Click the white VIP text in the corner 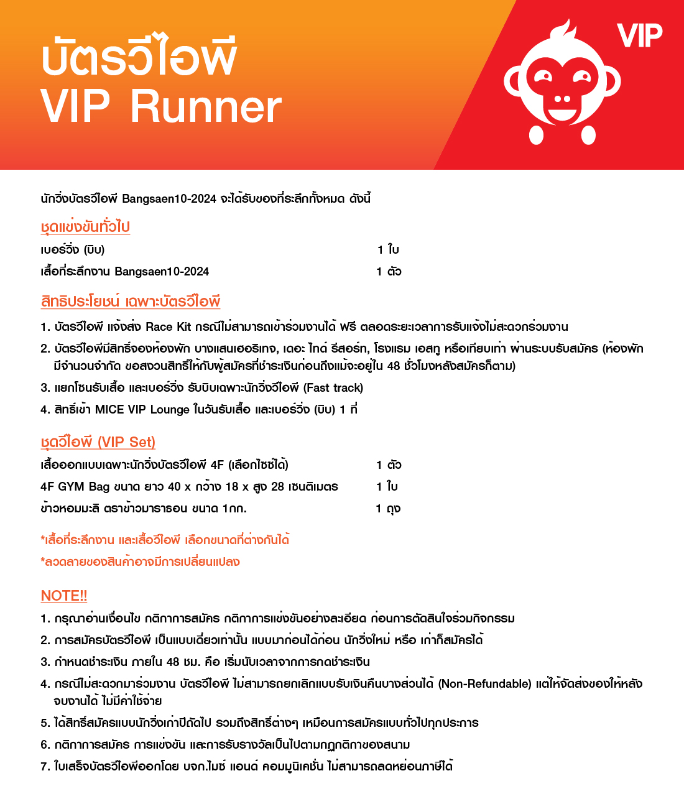[640, 35]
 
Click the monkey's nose [562, 99]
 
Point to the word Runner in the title [206, 107]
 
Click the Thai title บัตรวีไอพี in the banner [139, 57]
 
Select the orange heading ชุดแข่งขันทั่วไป [85, 227]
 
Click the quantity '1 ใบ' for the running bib [388, 250]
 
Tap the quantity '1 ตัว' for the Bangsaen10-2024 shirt [389, 272]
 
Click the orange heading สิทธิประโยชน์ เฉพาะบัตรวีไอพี [131, 302]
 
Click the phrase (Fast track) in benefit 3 [333, 388]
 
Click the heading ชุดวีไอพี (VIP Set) [98, 442]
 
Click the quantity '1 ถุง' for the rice [388, 509]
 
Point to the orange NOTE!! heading [64, 596]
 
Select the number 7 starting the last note [44, 767]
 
